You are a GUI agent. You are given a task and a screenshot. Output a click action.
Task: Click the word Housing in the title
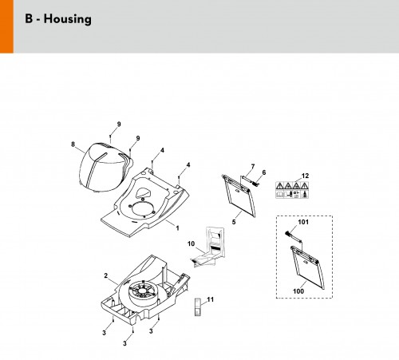click(x=68, y=19)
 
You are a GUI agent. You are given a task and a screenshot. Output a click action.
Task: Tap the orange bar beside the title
click(x=6, y=26)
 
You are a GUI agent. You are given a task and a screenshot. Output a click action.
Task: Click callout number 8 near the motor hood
click(x=73, y=144)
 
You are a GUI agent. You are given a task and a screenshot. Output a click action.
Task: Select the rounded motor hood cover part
click(x=106, y=167)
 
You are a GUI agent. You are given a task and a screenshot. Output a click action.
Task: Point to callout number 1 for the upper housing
click(x=177, y=228)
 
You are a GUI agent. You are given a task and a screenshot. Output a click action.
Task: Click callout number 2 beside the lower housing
click(x=106, y=275)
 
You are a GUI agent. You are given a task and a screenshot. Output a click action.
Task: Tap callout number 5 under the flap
click(x=234, y=222)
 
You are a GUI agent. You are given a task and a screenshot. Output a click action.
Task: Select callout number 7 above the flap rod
click(x=253, y=166)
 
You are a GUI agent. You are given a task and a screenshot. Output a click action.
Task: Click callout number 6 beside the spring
click(x=264, y=172)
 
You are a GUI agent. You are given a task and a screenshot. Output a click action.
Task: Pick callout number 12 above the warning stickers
click(x=305, y=176)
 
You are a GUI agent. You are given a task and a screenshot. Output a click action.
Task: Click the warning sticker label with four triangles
click(x=292, y=190)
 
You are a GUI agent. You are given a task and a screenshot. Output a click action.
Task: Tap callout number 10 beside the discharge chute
click(x=191, y=243)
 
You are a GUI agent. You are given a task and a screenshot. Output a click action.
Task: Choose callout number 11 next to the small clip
click(x=211, y=299)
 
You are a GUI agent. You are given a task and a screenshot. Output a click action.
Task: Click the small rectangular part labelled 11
click(x=198, y=307)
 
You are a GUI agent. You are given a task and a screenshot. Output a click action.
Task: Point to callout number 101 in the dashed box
click(x=303, y=222)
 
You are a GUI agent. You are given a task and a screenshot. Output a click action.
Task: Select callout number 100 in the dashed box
click(x=298, y=291)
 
